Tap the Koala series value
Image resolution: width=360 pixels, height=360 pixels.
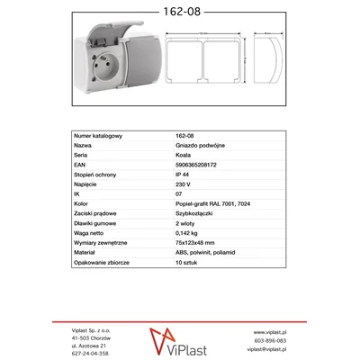pyautogui.click(x=184, y=155)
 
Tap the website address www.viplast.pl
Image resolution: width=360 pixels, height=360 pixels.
pyautogui.click(x=266, y=331)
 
